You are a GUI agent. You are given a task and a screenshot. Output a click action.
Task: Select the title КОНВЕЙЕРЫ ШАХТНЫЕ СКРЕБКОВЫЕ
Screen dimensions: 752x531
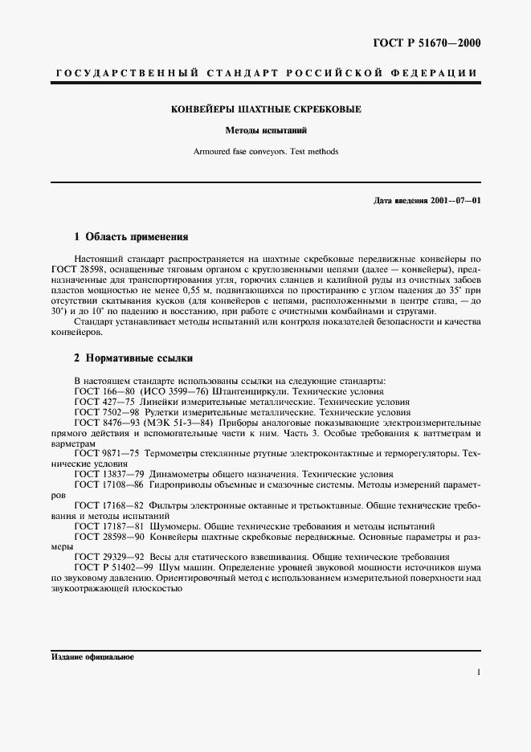[x=266, y=109]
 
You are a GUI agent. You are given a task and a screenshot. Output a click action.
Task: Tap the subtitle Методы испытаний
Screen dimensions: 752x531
[x=266, y=130]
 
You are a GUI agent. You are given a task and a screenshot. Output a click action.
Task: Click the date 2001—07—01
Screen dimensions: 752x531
[x=455, y=199]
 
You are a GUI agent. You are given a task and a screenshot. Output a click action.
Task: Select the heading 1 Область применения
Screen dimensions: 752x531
[x=131, y=238]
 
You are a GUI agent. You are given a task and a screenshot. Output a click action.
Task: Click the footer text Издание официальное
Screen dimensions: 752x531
[x=92, y=656]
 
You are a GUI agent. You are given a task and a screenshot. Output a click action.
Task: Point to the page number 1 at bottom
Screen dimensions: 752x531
[x=479, y=673]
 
